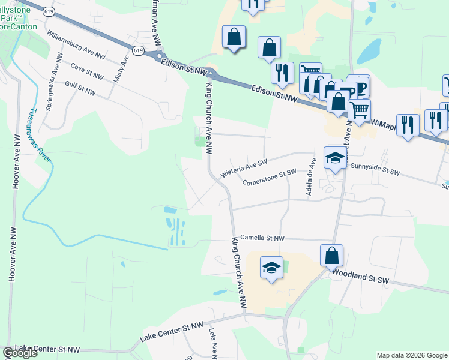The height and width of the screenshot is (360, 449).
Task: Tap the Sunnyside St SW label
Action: [375, 170]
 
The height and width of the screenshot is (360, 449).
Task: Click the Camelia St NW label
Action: [262, 238]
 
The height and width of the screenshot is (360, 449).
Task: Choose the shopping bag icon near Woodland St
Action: [331, 256]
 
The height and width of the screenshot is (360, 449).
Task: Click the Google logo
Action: [20, 353]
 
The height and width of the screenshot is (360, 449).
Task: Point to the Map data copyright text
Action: [412, 355]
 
